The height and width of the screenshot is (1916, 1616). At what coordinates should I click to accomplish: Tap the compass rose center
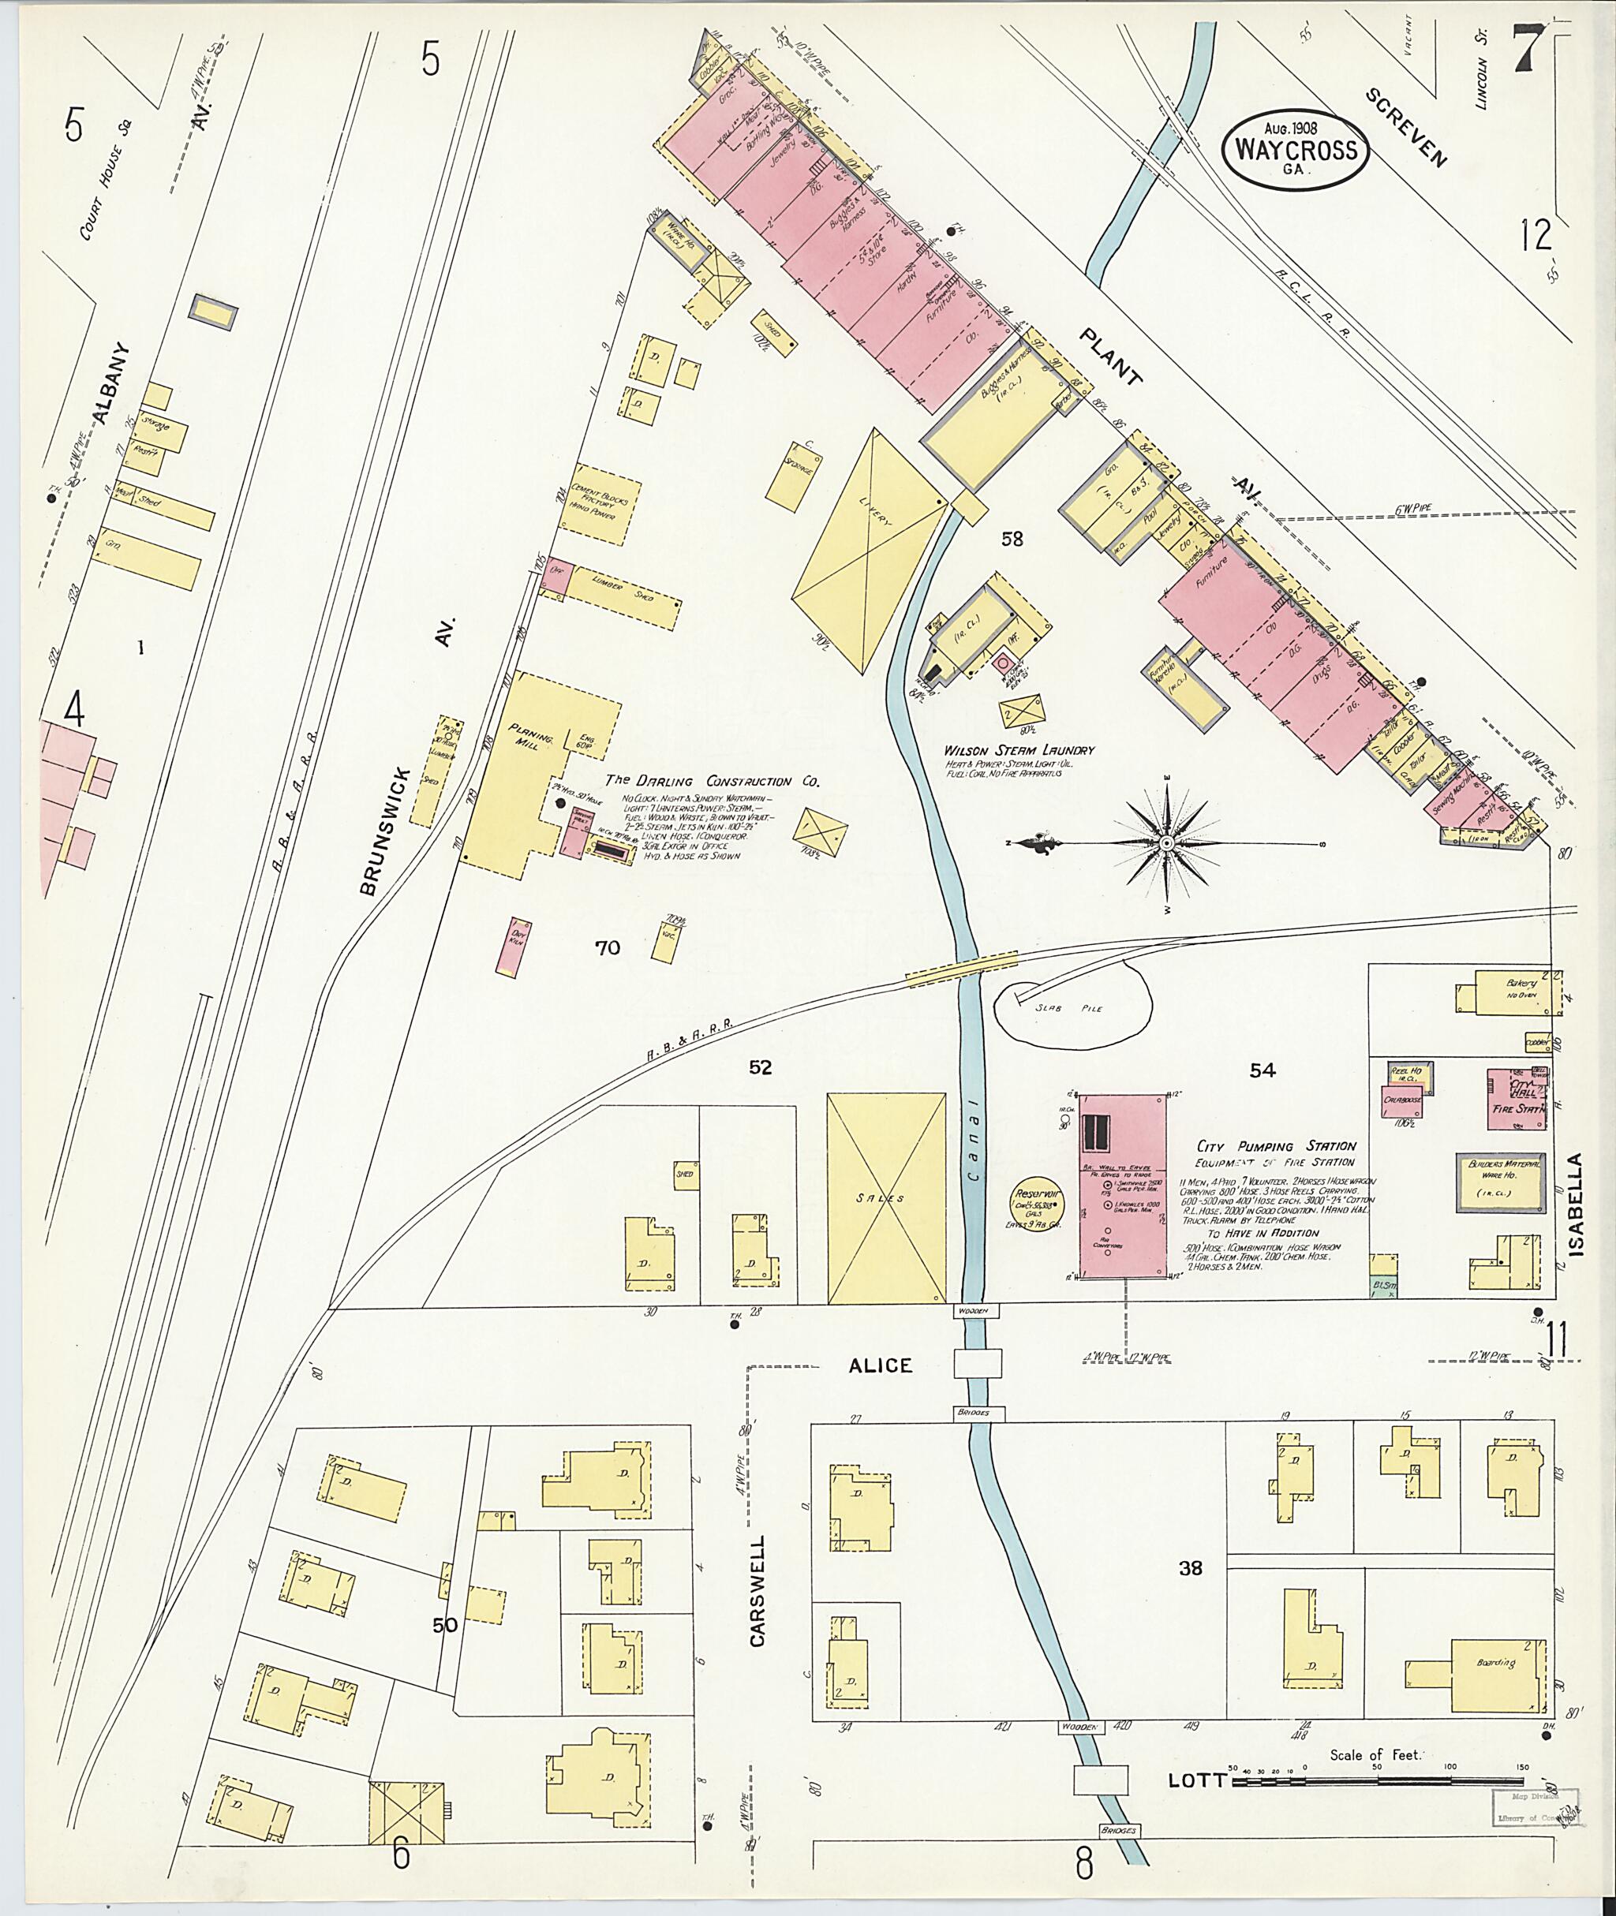click(1167, 842)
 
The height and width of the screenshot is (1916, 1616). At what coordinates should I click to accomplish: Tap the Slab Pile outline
click(1070, 1008)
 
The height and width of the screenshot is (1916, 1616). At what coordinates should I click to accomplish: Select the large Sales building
click(886, 1198)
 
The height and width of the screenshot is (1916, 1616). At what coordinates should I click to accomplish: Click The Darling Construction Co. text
click(711, 781)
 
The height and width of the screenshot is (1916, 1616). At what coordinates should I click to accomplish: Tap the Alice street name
click(880, 1365)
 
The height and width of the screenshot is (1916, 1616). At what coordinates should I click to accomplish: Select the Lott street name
click(1195, 1141)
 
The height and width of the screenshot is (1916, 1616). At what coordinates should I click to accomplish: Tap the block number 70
click(608, 948)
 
